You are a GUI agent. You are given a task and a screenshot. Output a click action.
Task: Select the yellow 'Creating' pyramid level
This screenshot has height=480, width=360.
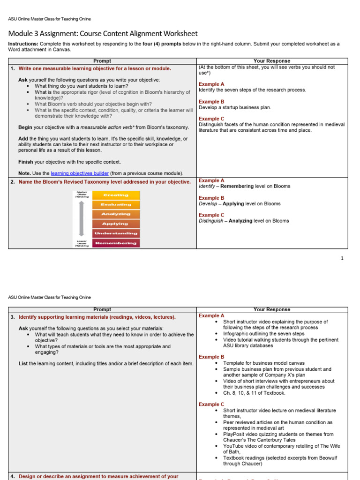(116, 195)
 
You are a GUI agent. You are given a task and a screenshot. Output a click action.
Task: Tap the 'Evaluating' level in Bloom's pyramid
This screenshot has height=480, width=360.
(116, 205)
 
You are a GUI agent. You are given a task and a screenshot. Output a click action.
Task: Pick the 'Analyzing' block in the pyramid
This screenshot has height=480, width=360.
(116, 214)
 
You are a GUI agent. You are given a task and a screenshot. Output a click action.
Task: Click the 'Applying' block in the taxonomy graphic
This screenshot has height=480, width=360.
(116, 224)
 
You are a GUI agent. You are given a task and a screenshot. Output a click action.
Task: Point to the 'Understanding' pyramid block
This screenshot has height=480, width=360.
(116, 233)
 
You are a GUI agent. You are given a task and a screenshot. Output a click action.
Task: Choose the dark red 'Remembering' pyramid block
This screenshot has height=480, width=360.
(116, 243)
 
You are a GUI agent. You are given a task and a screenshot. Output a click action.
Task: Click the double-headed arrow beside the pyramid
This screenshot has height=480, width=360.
(82, 218)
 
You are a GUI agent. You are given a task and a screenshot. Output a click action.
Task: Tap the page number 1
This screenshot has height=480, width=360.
(342, 258)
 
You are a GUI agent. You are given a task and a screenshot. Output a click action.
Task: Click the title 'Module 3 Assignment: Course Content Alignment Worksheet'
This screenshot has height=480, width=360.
(103, 34)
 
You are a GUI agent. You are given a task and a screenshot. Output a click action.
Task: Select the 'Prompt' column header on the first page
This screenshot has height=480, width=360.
(102, 61)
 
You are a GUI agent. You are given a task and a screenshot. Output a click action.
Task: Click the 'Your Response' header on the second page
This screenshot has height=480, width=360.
(272, 309)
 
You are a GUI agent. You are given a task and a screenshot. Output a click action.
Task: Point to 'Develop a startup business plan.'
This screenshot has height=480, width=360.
(235, 107)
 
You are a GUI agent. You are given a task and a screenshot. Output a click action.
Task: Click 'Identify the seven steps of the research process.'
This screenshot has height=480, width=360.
(252, 90)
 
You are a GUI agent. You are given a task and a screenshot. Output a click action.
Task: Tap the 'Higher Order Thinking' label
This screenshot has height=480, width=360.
(82, 194)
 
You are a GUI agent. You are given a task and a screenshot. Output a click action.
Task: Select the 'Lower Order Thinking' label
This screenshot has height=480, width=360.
(82, 243)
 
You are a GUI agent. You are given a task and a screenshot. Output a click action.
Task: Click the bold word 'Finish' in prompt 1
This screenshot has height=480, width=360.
(26, 162)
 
